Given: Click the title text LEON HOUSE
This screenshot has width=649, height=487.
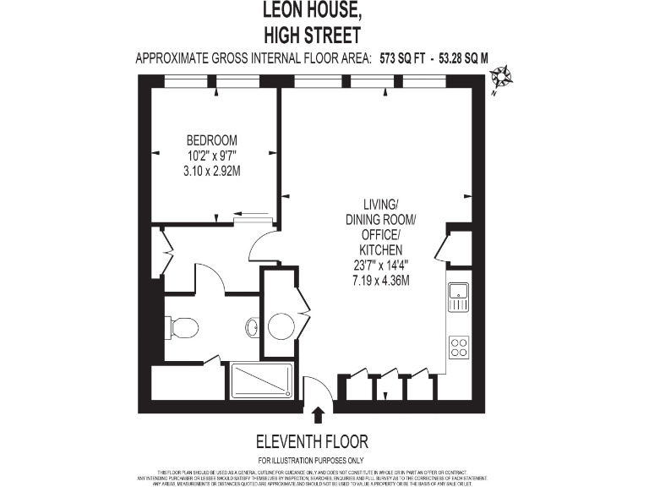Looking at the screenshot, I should (x=312, y=12).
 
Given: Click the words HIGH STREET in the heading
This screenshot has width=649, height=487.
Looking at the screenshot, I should (x=312, y=35).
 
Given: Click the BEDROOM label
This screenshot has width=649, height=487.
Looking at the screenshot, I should (x=211, y=140).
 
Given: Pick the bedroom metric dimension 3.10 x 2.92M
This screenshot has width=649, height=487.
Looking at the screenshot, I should (x=211, y=170).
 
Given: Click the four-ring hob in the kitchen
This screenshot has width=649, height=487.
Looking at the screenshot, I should (x=459, y=347).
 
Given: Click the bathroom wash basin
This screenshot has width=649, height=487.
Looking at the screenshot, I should (x=253, y=326).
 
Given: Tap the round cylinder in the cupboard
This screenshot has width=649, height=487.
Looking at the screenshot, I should (x=281, y=324).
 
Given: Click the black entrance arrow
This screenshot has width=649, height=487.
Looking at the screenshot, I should (x=318, y=414).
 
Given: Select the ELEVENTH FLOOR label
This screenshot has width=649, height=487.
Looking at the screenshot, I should (x=312, y=442).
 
